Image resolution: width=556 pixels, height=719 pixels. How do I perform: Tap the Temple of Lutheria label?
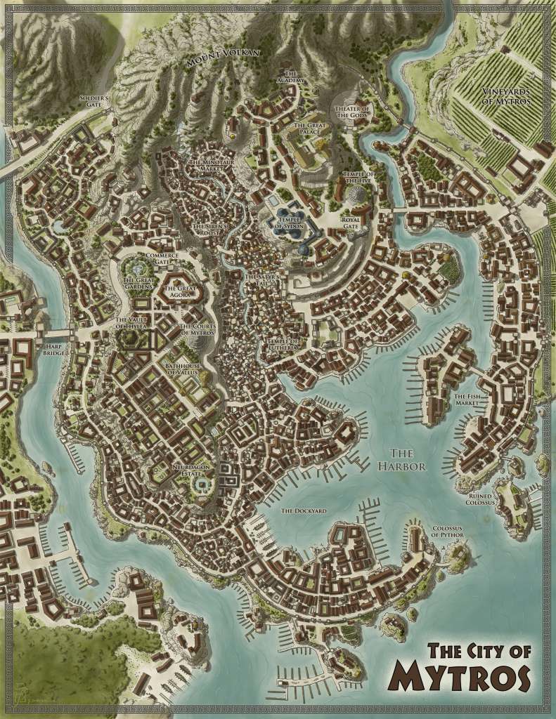pos(282,344)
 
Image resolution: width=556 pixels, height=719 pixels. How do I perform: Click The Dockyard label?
pos(303,510)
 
